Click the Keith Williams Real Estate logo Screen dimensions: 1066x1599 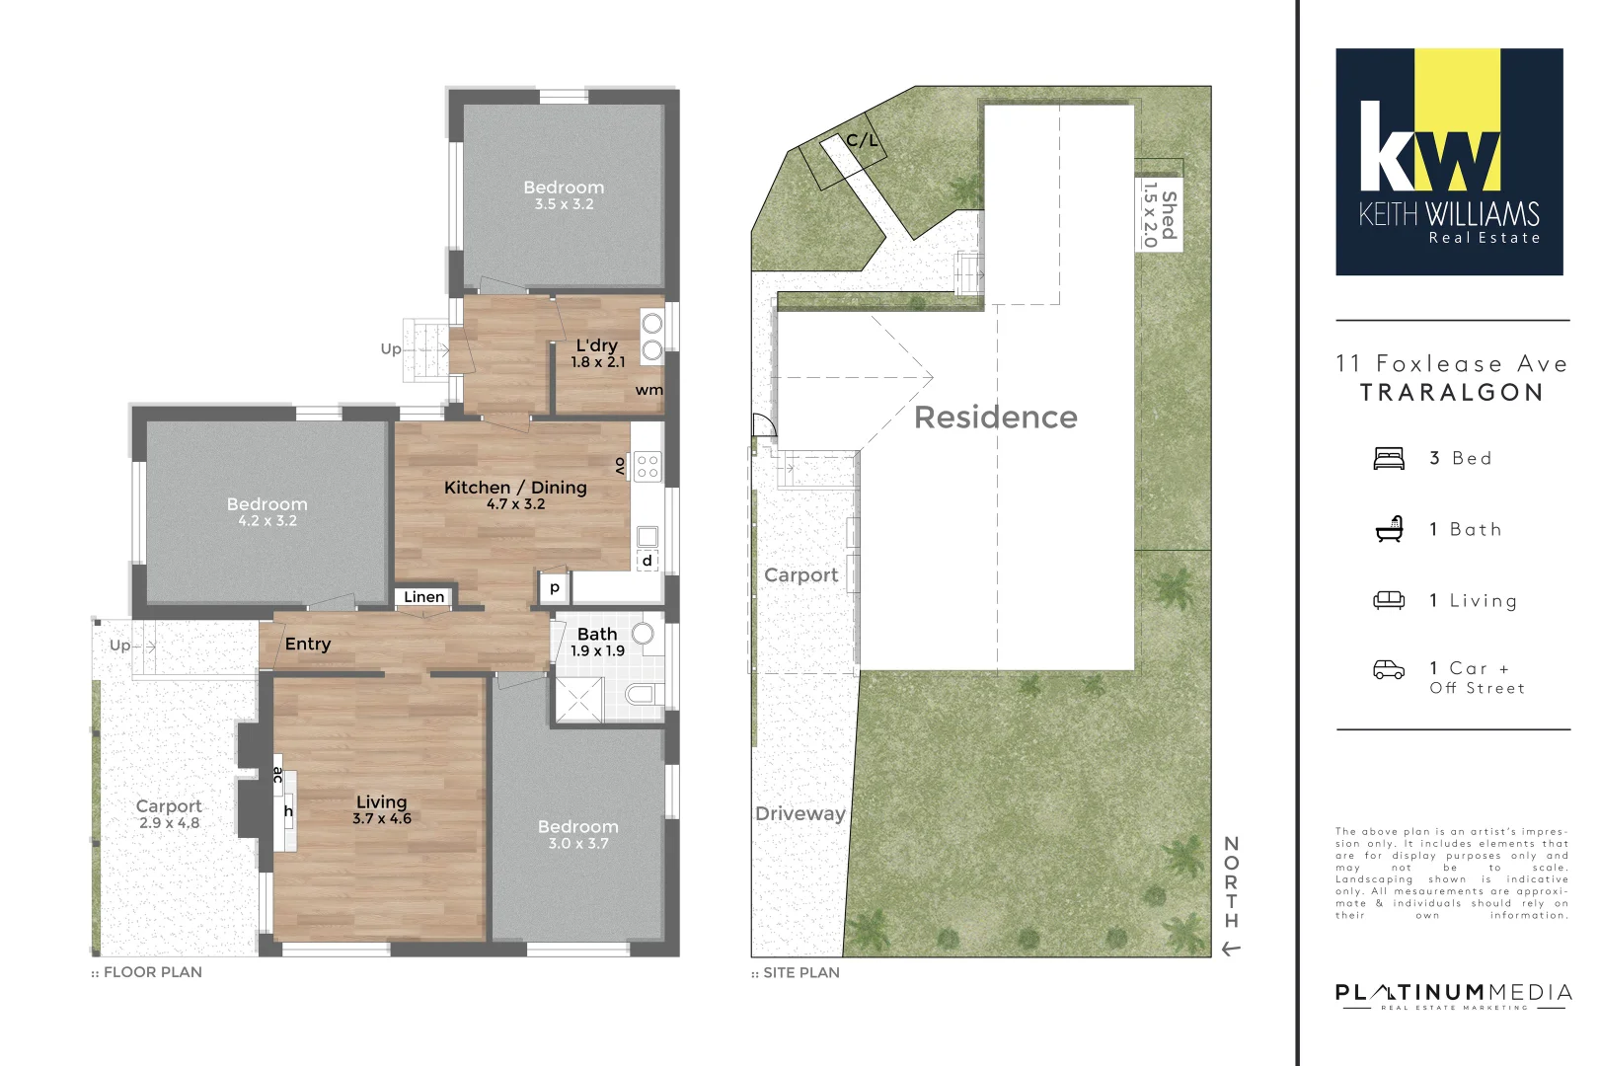click(1449, 162)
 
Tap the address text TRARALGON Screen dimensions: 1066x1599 click(1451, 393)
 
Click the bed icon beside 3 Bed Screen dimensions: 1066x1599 click(1389, 458)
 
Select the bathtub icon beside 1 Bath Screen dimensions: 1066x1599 click(1390, 529)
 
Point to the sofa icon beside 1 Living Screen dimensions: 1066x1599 click(1389, 600)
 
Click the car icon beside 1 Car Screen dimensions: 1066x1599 click(1389, 670)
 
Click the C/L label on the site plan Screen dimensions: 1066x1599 click(862, 141)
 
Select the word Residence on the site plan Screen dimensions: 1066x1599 click(995, 418)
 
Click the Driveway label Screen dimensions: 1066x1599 click(799, 814)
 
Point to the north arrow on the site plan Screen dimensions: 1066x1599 click(1230, 949)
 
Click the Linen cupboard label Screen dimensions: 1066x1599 click(424, 597)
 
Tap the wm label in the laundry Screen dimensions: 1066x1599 click(648, 390)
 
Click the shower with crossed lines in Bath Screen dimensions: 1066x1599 click(579, 700)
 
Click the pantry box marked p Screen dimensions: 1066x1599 click(555, 587)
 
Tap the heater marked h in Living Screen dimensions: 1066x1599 click(288, 811)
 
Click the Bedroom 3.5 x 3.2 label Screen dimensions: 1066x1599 click(564, 194)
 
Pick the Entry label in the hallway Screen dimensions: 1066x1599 click(308, 644)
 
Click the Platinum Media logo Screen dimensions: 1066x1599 click(1453, 995)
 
